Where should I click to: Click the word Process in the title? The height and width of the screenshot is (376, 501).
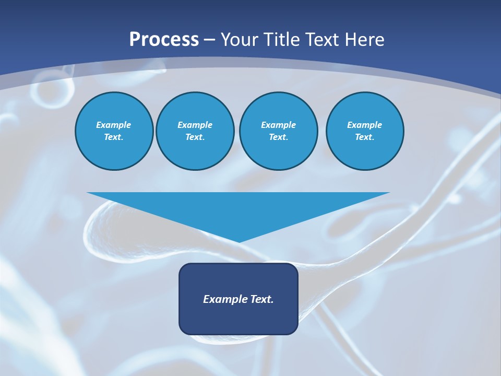[x=164, y=40]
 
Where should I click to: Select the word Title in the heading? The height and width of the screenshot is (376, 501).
[x=282, y=40]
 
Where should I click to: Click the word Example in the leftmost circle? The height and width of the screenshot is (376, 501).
[x=114, y=125]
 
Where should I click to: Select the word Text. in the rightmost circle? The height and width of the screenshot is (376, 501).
[x=364, y=137]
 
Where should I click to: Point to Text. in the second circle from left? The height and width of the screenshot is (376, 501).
[x=195, y=137]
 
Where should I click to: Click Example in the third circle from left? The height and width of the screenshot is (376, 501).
[x=278, y=125]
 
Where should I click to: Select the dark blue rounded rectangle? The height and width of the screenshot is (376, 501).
[x=238, y=319]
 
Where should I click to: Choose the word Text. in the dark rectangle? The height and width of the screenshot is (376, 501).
[x=263, y=299]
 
